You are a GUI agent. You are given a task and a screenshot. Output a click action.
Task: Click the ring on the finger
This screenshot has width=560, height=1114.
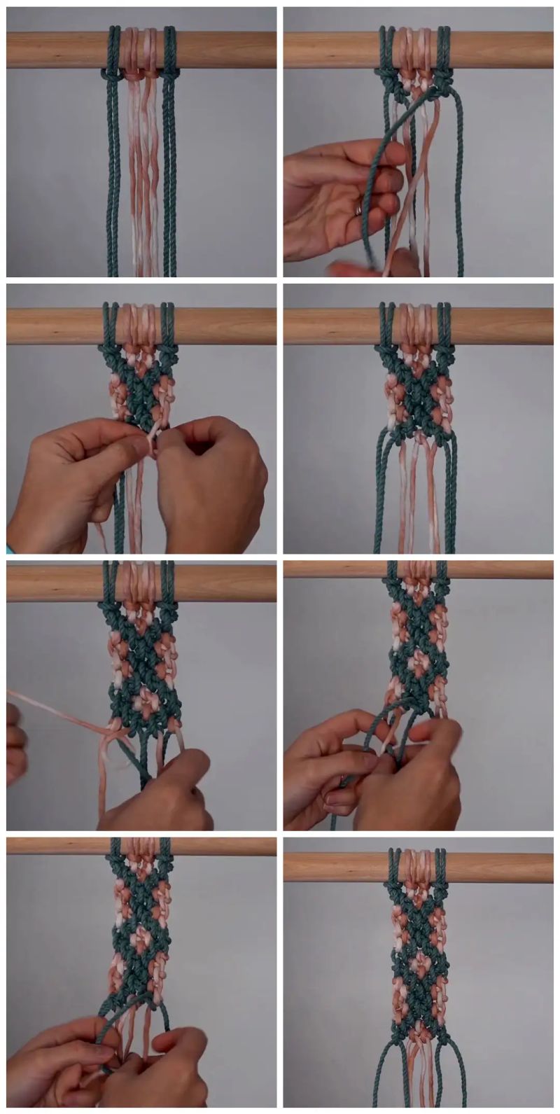click(x=359, y=209)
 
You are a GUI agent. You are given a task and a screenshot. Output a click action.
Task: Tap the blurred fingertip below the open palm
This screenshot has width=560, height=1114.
click(x=357, y=267)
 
